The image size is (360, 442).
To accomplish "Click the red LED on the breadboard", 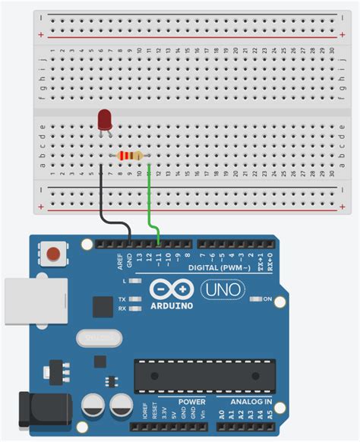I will [x=105, y=120].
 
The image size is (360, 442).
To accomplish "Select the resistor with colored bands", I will [x=129, y=156].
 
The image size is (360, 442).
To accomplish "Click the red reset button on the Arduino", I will [x=53, y=254].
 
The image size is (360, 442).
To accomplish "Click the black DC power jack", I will [x=43, y=410].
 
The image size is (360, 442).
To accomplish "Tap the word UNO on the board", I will [x=222, y=289].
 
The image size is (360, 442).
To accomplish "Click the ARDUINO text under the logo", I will [x=171, y=305].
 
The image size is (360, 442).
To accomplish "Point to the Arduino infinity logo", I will [x=171, y=289].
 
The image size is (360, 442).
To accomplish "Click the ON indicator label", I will [x=267, y=298].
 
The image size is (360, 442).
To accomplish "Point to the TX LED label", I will [x=122, y=299].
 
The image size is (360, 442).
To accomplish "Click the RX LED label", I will [x=122, y=308].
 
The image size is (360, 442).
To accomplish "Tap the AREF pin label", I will [x=119, y=261].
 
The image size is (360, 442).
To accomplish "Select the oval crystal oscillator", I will [x=99, y=337].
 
